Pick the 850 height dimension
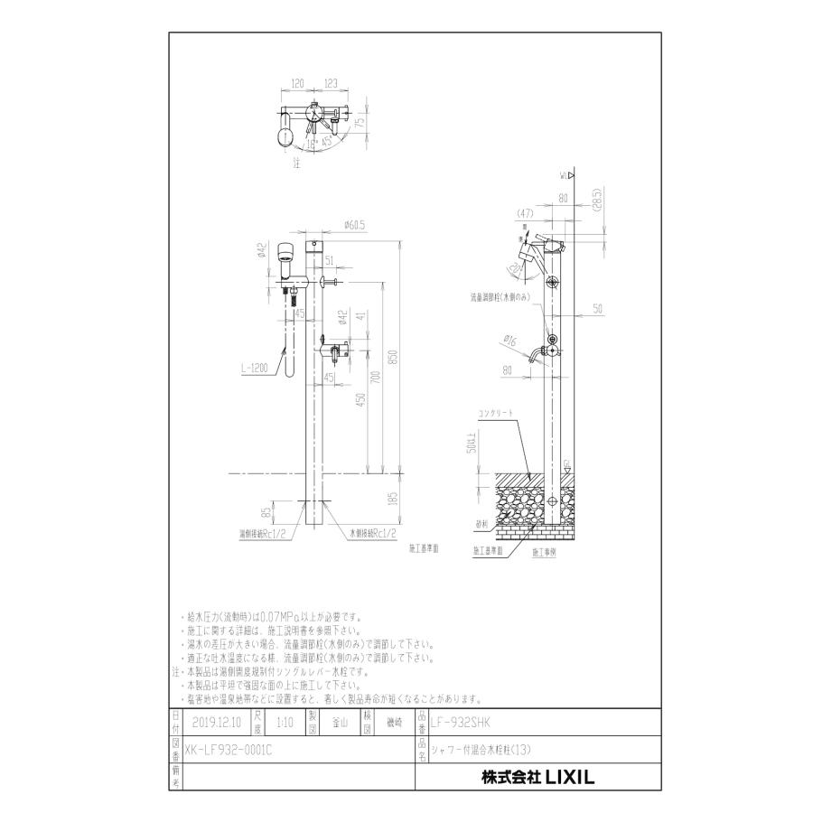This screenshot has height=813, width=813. (392, 357)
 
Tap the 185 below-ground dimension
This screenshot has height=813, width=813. (392, 498)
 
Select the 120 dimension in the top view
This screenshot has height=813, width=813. (297, 83)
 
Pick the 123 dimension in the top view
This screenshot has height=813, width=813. (330, 83)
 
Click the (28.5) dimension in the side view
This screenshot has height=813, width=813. (598, 198)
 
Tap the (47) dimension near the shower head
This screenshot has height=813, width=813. (523, 215)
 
